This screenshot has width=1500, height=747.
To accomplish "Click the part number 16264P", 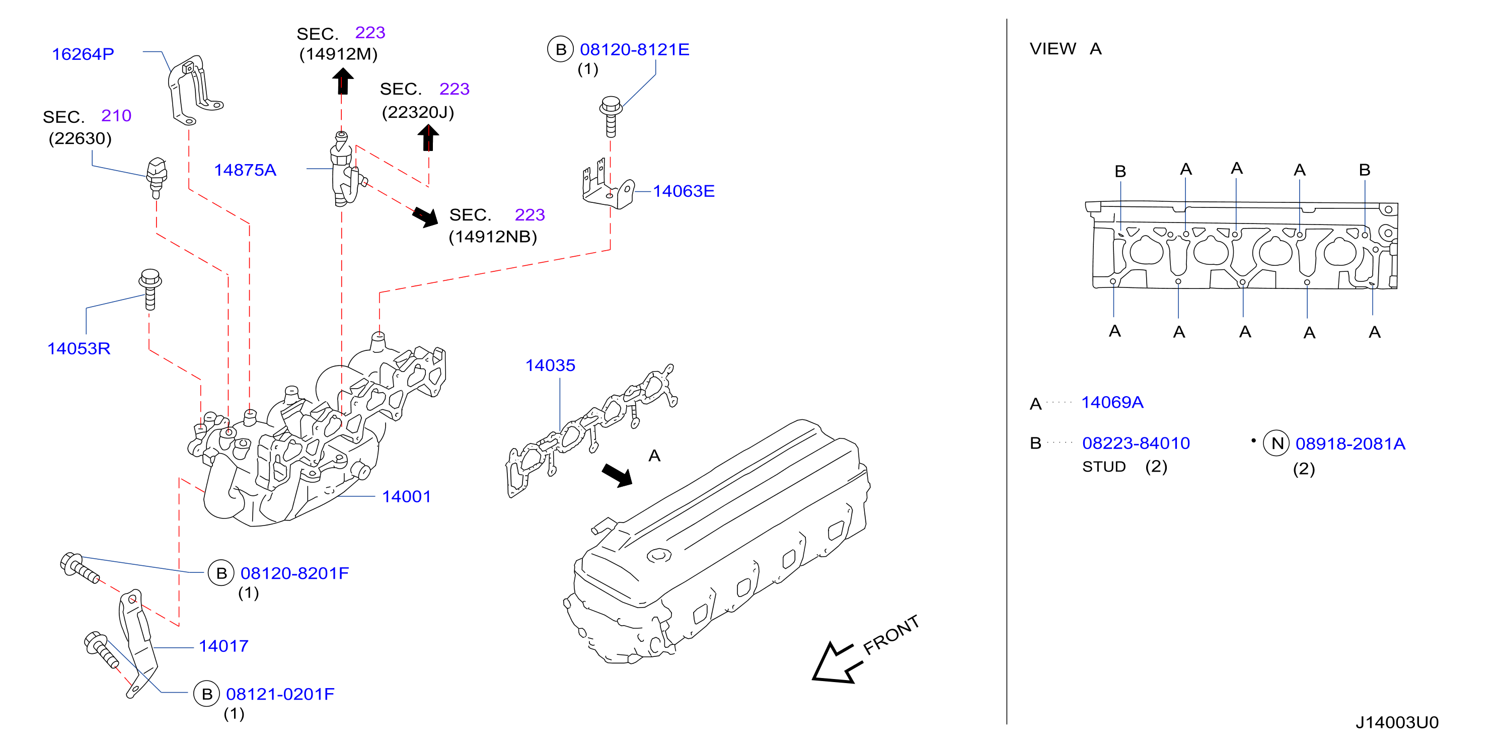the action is click(x=83, y=54).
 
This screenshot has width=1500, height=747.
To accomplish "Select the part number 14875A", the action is click(x=245, y=170).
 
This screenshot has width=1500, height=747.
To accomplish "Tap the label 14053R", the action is click(x=79, y=348).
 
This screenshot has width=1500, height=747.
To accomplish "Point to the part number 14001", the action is click(x=406, y=497).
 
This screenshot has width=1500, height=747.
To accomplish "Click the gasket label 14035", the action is click(x=550, y=365).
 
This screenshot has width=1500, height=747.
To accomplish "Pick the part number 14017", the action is click(x=223, y=646).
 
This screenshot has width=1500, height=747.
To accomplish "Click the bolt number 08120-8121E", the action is click(x=634, y=49).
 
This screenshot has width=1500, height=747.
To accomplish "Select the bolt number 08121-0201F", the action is click(x=280, y=694).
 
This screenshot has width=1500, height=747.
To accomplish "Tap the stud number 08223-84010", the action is click(x=1136, y=443).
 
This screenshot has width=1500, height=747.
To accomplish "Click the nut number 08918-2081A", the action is click(x=1350, y=443).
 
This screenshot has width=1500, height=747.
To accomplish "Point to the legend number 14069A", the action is click(x=1112, y=402).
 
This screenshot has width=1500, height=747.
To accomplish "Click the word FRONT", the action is click(x=890, y=635).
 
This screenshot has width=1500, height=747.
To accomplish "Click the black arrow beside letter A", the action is click(x=618, y=475).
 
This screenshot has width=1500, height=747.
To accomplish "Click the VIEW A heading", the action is click(x=1066, y=49).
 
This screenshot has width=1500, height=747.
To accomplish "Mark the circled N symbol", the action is click(x=1276, y=443).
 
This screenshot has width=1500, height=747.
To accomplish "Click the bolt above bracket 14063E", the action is click(x=611, y=116).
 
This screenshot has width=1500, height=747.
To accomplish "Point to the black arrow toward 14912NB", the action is click(x=426, y=216).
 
